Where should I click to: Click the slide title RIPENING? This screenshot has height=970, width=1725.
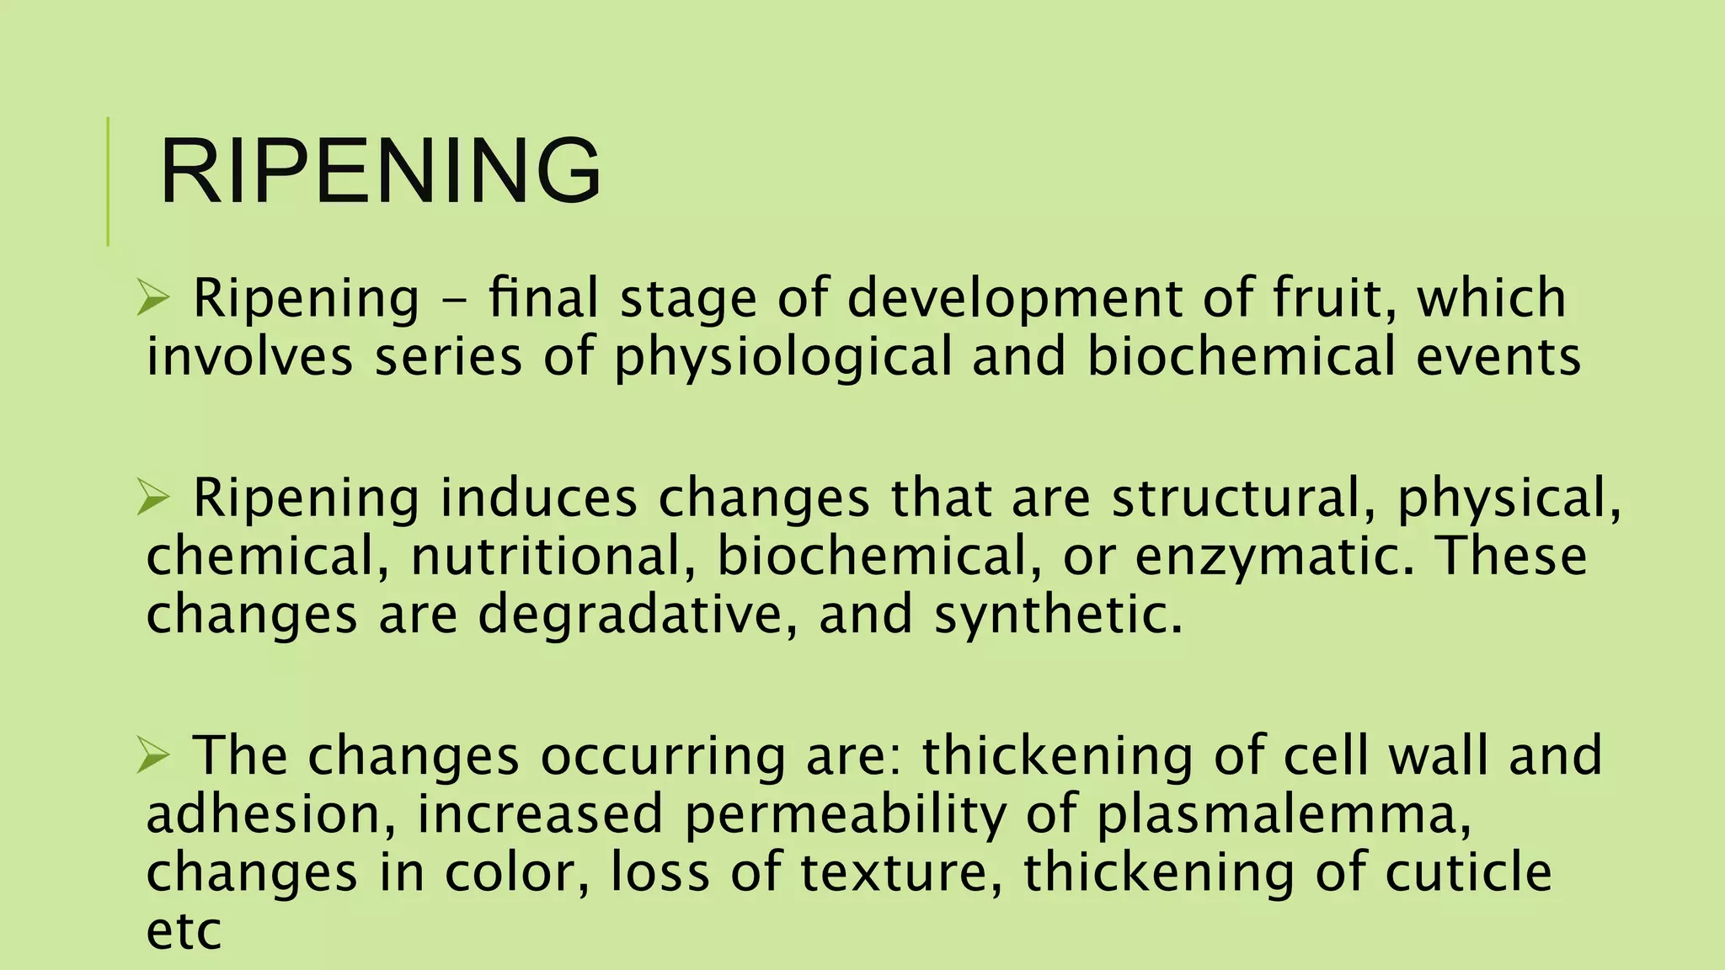tap(380, 172)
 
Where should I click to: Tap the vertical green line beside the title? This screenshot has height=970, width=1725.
tap(109, 181)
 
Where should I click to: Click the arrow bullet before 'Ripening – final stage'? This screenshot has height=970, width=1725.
tap(153, 299)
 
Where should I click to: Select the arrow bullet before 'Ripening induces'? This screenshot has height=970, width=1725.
tap(153, 498)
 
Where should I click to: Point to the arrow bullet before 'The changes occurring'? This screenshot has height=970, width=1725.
tap(153, 755)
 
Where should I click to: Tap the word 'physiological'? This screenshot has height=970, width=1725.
tap(782, 357)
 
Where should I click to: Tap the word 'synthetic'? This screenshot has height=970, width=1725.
tap(1057, 614)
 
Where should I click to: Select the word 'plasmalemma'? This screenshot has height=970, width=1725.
tap(1284, 814)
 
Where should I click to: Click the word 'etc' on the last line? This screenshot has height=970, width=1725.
tap(184, 930)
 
